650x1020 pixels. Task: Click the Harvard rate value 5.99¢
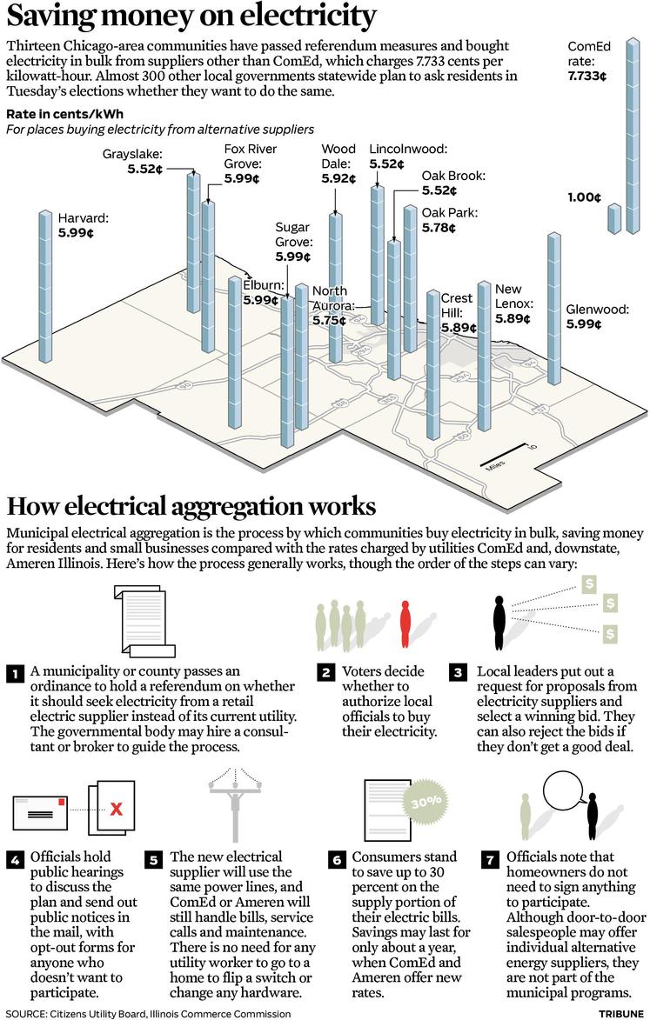[x=76, y=233]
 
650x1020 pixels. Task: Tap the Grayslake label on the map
[x=132, y=154]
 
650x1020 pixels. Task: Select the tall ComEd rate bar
[x=633, y=136]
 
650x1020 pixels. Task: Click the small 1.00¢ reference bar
[x=614, y=218]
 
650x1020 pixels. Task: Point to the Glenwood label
[x=597, y=310]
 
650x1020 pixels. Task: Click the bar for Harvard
[x=45, y=286]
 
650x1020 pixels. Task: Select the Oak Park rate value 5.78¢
[x=439, y=228]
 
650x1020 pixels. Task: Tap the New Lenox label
[x=514, y=296]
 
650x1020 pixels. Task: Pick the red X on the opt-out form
[x=116, y=809]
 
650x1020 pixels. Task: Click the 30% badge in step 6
[x=426, y=802]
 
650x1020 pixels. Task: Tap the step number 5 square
[x=153, y=860]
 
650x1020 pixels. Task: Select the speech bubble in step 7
[x=565, y=793]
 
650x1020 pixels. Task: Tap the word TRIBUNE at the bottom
[x=620, y=1014]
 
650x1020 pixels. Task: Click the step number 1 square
[x=14, y=674]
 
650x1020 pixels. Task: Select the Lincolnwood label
[x=408, y=149]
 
